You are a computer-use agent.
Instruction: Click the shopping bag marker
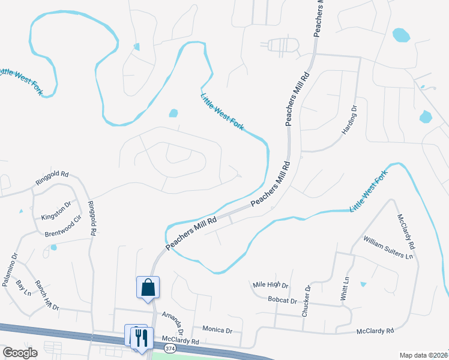tap(148, 287)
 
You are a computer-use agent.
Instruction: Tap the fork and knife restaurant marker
tap(142, 338)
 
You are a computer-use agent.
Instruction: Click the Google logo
tap(20, 353)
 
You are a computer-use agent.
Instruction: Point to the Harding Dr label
tap(351, 121)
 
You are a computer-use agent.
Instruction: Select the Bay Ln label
tap(23, 288)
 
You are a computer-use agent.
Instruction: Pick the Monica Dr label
tap(217, 330)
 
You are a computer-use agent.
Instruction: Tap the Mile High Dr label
tap(271, 286)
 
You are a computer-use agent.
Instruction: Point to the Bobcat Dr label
tap(283, 299)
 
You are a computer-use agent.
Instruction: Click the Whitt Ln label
tap(345, 289)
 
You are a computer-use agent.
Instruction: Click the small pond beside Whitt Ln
tap(363, 284)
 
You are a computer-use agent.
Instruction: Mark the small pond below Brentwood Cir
tap(53, 247)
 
